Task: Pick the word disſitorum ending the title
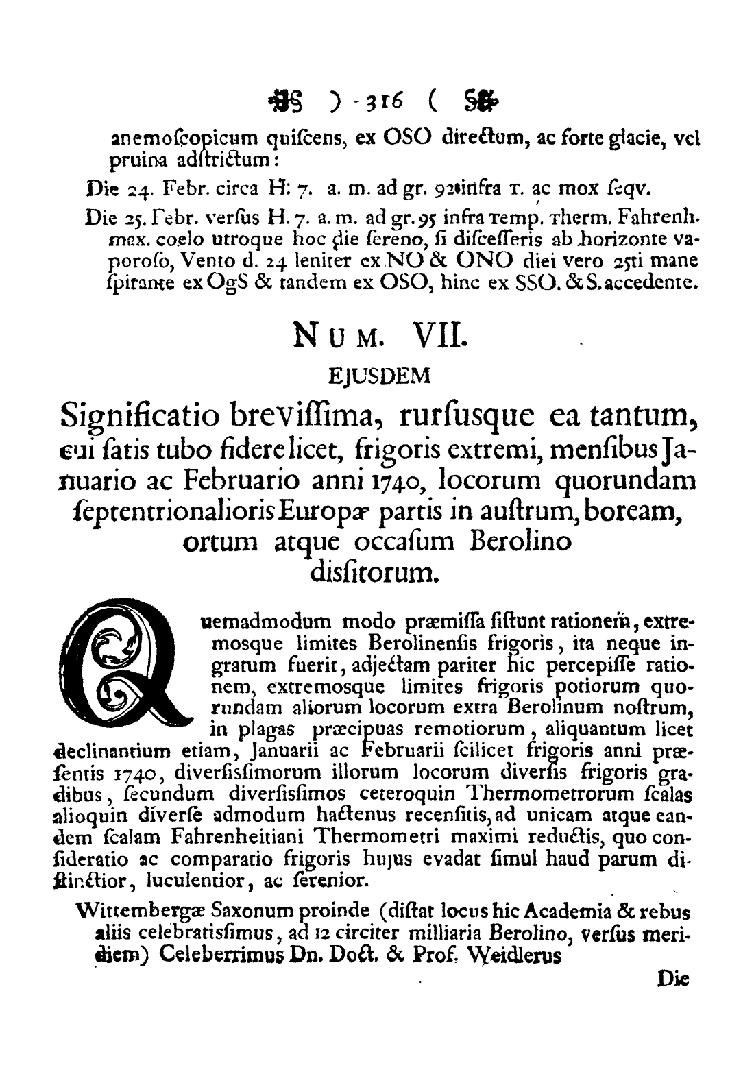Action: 376,570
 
